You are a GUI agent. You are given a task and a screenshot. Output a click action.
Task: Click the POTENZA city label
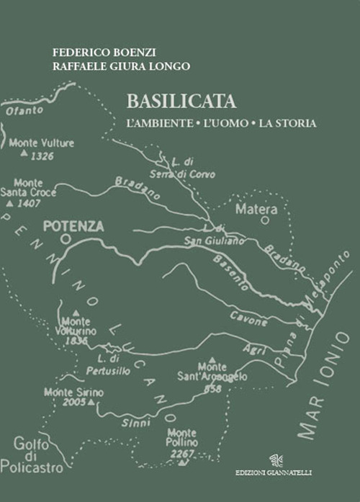[73, 226]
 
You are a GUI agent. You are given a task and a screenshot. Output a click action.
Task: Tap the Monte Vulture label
[42, 143]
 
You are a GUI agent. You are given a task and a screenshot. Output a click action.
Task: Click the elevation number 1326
[43, 155]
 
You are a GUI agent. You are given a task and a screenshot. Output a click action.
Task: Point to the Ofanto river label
[19, 111]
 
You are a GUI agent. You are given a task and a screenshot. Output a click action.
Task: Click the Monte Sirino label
[73, 392]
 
